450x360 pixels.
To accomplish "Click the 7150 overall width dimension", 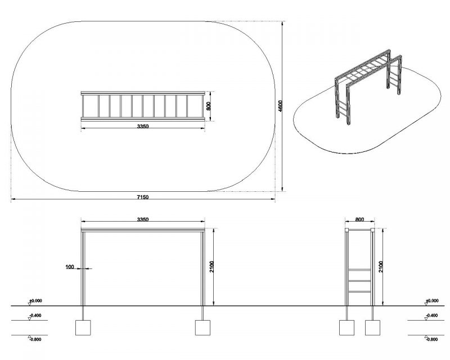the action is pyautogui.click(x=143, y=197).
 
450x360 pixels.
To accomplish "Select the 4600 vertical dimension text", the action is pyautogui.click(x=280, y=106).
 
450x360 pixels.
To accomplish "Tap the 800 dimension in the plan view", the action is pyautogui.click(x=209, y=106).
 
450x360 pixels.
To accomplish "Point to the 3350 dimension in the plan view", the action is pyautogui.click(x=143, y=126).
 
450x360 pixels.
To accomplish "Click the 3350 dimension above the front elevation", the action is pyautogui.click(x=143, y=219).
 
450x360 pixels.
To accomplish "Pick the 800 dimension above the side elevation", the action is pyautogui.click(x=359, y=219).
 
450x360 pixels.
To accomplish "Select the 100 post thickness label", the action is pyautogui.click(x=70, y=267).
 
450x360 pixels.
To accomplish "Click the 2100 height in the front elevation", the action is pyautogui.click(x=212, y=267).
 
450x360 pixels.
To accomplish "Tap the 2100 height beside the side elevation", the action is pyautogui.click(x=381, y=267).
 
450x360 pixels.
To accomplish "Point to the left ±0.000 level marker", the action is pyautogui.click(x=35, y=301).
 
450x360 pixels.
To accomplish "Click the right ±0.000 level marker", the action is pyautogui.click(x=431, y=301).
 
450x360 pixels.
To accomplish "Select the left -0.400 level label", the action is pyautogui.click(x=35, y=316).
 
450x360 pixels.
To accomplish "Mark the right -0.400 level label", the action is pyautogui.click(x=431, y=316).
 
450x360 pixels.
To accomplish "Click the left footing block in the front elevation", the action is pyautogui.click(x=83, y=327).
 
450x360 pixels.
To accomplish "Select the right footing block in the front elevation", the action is pyautogui.click(x=202, y=327).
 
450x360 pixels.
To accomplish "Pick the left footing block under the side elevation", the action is pyautogui.click(x=346, y=327).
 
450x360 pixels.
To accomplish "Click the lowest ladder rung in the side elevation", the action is pyautogui.click(x=359, y=292).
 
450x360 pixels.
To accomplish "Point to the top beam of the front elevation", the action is pyautogui.click(x=143, y=229).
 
